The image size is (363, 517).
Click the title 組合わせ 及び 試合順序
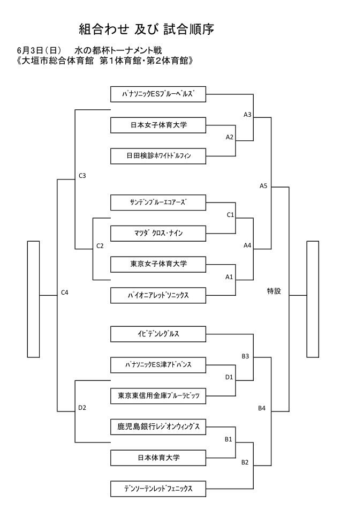click(x=146, y=29)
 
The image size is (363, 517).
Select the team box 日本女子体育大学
click(x=158, y=125)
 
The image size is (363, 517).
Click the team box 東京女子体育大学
click(x=158, y=264)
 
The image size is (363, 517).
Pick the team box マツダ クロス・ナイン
click(x=158, y=233)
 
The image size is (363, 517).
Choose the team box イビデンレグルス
click(x=158, y=334)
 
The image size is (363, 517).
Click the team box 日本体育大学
click(x=158, y=458)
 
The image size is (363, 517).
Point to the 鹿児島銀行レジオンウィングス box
click(x=158, y=426)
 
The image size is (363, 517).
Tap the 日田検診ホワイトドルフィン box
click(x=158, y=156)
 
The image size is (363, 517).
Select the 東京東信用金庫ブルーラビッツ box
click(x=158, y=395)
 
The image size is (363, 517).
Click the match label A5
click(x=263, y=186)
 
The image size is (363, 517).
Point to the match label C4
click(x=65, y=292)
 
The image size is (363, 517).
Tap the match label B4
click(x=262, y=408)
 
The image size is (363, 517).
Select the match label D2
click(x=82, y=408)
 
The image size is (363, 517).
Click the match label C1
click(x=230, y=215)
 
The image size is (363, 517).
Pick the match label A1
click(x=229, y=277)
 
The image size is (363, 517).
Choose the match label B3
click(x=245, y=356)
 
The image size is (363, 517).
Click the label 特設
click(x=274, y=291)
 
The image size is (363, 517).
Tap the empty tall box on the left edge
click(x=34, y=298)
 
